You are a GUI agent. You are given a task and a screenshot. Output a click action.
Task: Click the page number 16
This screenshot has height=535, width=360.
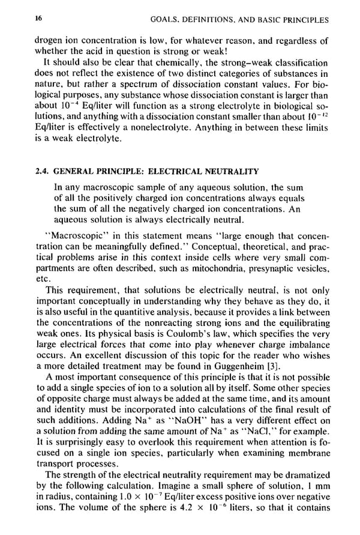(x=39, y=19)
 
